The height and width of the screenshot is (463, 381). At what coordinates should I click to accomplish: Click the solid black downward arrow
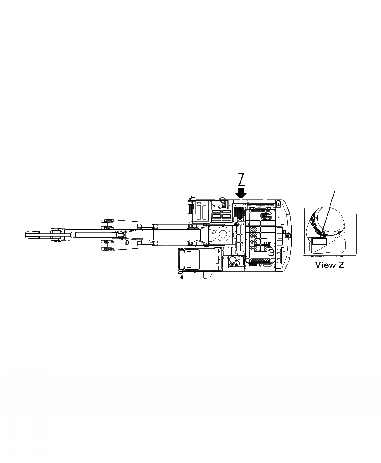tap(241, 192)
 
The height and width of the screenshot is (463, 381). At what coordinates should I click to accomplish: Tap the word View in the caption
tap(325, 265)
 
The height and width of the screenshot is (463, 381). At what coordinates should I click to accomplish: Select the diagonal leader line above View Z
tap(329, 207)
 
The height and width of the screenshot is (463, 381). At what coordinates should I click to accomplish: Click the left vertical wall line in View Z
tap(304, 231)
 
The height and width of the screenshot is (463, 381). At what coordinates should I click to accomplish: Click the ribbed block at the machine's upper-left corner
tap(189, 209)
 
